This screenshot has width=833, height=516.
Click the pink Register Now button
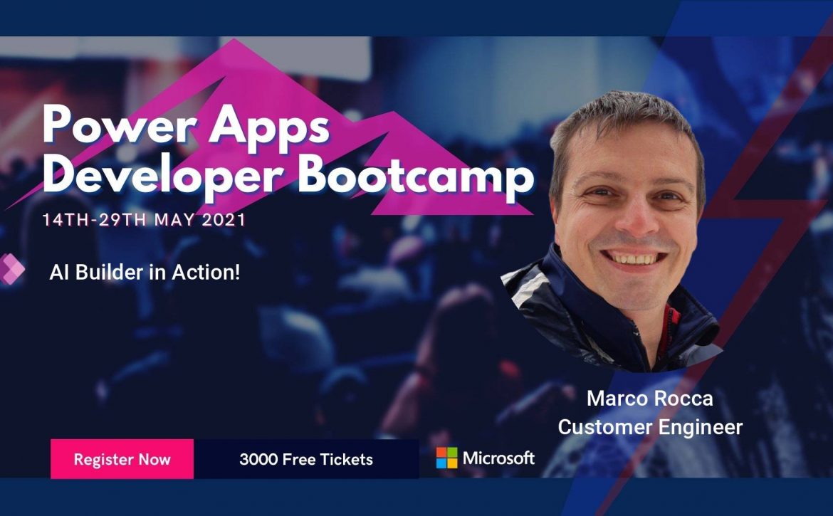click(x=122, y=458)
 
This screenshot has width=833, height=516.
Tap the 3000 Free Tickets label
click(x=306, y=459)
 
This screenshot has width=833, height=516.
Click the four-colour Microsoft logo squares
click(x=447, y=458)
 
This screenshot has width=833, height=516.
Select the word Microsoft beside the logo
click(x=498, y=458)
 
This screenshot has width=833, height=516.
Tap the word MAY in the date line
click(x=174, y=220)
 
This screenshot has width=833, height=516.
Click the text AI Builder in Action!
click(x=145, y=273)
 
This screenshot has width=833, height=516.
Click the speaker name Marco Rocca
click(x=650, y=398)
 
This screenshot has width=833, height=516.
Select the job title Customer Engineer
click(x=650, y=427)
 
